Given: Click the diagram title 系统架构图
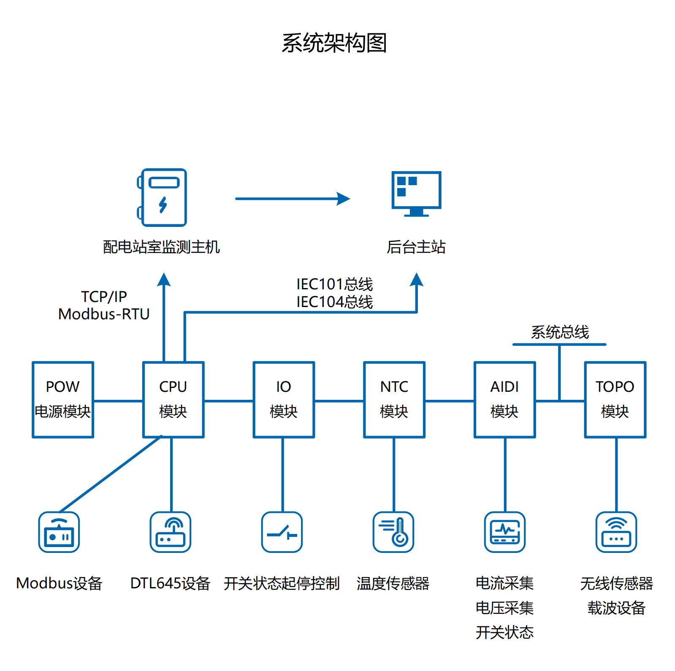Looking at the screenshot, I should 334,43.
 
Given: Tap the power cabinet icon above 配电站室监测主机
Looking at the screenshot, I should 163,197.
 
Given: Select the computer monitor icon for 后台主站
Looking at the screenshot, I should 416,193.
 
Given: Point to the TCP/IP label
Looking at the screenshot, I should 104,296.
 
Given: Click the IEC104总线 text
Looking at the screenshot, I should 334,302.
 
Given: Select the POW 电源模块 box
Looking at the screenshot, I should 63,399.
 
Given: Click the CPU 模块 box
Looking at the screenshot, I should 173,399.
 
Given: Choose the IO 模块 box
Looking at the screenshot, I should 284,399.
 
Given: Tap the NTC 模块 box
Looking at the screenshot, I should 394,399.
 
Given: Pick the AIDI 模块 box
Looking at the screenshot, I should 504,399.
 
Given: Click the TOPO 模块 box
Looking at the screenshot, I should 615,399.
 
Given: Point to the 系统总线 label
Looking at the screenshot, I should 560,332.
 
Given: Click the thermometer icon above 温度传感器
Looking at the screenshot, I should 393,532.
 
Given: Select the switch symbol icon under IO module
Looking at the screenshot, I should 282,532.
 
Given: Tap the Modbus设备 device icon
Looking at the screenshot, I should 59,532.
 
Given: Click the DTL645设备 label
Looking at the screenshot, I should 170,583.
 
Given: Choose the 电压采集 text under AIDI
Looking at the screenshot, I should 504,608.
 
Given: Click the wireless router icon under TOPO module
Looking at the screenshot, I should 616,532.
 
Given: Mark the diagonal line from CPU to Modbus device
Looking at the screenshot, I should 111,474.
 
